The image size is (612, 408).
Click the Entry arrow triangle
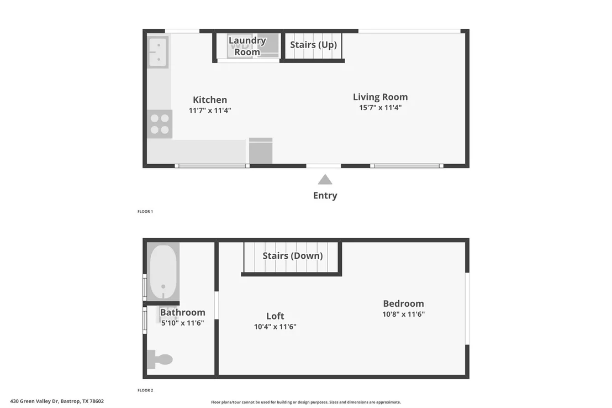point(325,180)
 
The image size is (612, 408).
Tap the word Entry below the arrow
point(325,195)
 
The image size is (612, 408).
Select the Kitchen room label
point(210,100)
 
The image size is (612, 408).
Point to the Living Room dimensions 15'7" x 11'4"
point(381,107)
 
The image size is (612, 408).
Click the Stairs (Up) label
point(313,45)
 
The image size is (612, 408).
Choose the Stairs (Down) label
point(293,255)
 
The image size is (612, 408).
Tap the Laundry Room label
point(247,46)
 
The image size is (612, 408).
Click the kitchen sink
point(158,52)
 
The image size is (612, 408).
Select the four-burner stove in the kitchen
point(160,124)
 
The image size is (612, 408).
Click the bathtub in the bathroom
point(163,273)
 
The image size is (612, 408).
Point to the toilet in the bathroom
point(160,359)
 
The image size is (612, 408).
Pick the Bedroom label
point(404,304)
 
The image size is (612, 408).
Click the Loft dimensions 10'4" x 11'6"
point(275,327)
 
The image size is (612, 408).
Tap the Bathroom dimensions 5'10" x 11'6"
point(183,323)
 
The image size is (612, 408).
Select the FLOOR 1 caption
point(145,211)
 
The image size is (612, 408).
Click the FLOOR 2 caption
point(145,390)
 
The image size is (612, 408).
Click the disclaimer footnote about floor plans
point(306,402)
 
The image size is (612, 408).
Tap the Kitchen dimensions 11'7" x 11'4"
point(210,111)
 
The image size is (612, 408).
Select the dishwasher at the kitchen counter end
point(261,150)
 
